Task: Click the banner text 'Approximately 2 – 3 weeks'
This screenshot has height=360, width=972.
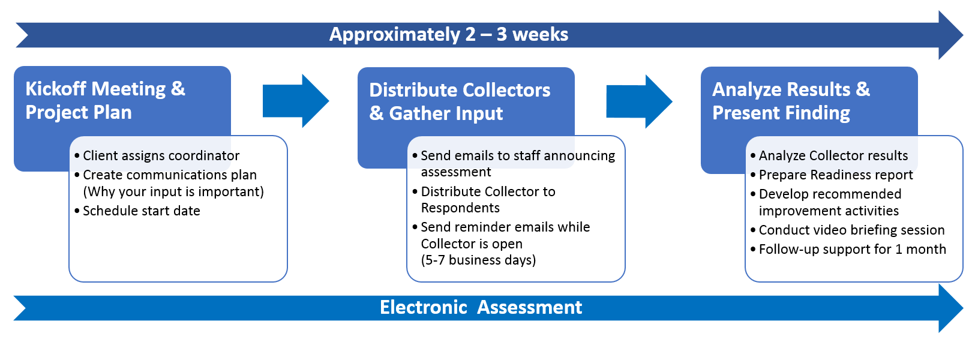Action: [449, 35]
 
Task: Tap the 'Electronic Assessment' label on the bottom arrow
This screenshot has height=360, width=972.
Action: [481, 308]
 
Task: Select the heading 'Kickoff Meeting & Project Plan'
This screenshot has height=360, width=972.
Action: [106, 101]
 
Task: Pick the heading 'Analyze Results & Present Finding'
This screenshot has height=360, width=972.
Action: [791, 101]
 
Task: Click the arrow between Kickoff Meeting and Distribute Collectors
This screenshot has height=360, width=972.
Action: [296, 101]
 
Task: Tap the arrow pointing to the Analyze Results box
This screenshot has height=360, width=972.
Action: [639, 101]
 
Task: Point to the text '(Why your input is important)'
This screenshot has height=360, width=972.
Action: [173, 192]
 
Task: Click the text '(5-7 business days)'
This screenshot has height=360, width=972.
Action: [478, 260]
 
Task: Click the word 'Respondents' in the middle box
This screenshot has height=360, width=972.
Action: [460, 208]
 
